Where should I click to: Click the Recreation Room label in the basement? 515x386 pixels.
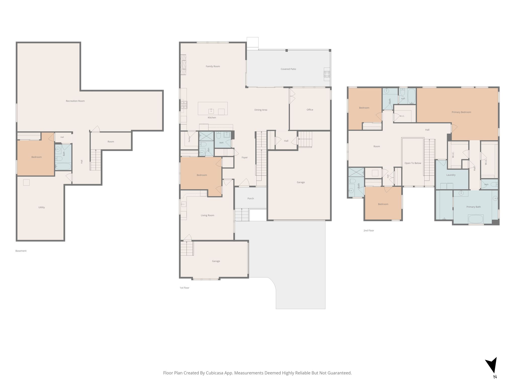[75, 101]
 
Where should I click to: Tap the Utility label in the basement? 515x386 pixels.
[41, 207]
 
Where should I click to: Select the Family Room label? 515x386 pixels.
[213, 66]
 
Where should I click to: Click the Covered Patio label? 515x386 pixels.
[288, 69]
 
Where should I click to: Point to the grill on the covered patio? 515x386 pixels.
[327, 74]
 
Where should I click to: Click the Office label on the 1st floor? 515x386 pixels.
[310, 110]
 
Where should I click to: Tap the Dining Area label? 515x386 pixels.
[261, 110]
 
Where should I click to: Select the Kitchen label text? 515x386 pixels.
[212, 118]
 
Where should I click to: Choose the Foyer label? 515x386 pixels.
[244, 158]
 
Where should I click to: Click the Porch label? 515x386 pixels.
[250, 199]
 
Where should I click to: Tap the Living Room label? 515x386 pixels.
[207, 215]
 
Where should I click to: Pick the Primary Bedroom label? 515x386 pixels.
[461, 112]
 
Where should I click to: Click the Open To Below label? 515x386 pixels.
[413, 163]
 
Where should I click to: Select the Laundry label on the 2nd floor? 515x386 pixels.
[451, 175]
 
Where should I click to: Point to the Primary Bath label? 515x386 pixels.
[474, 207]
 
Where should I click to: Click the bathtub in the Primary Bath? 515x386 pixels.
[476, 219]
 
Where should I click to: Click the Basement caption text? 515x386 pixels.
[21, 251]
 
